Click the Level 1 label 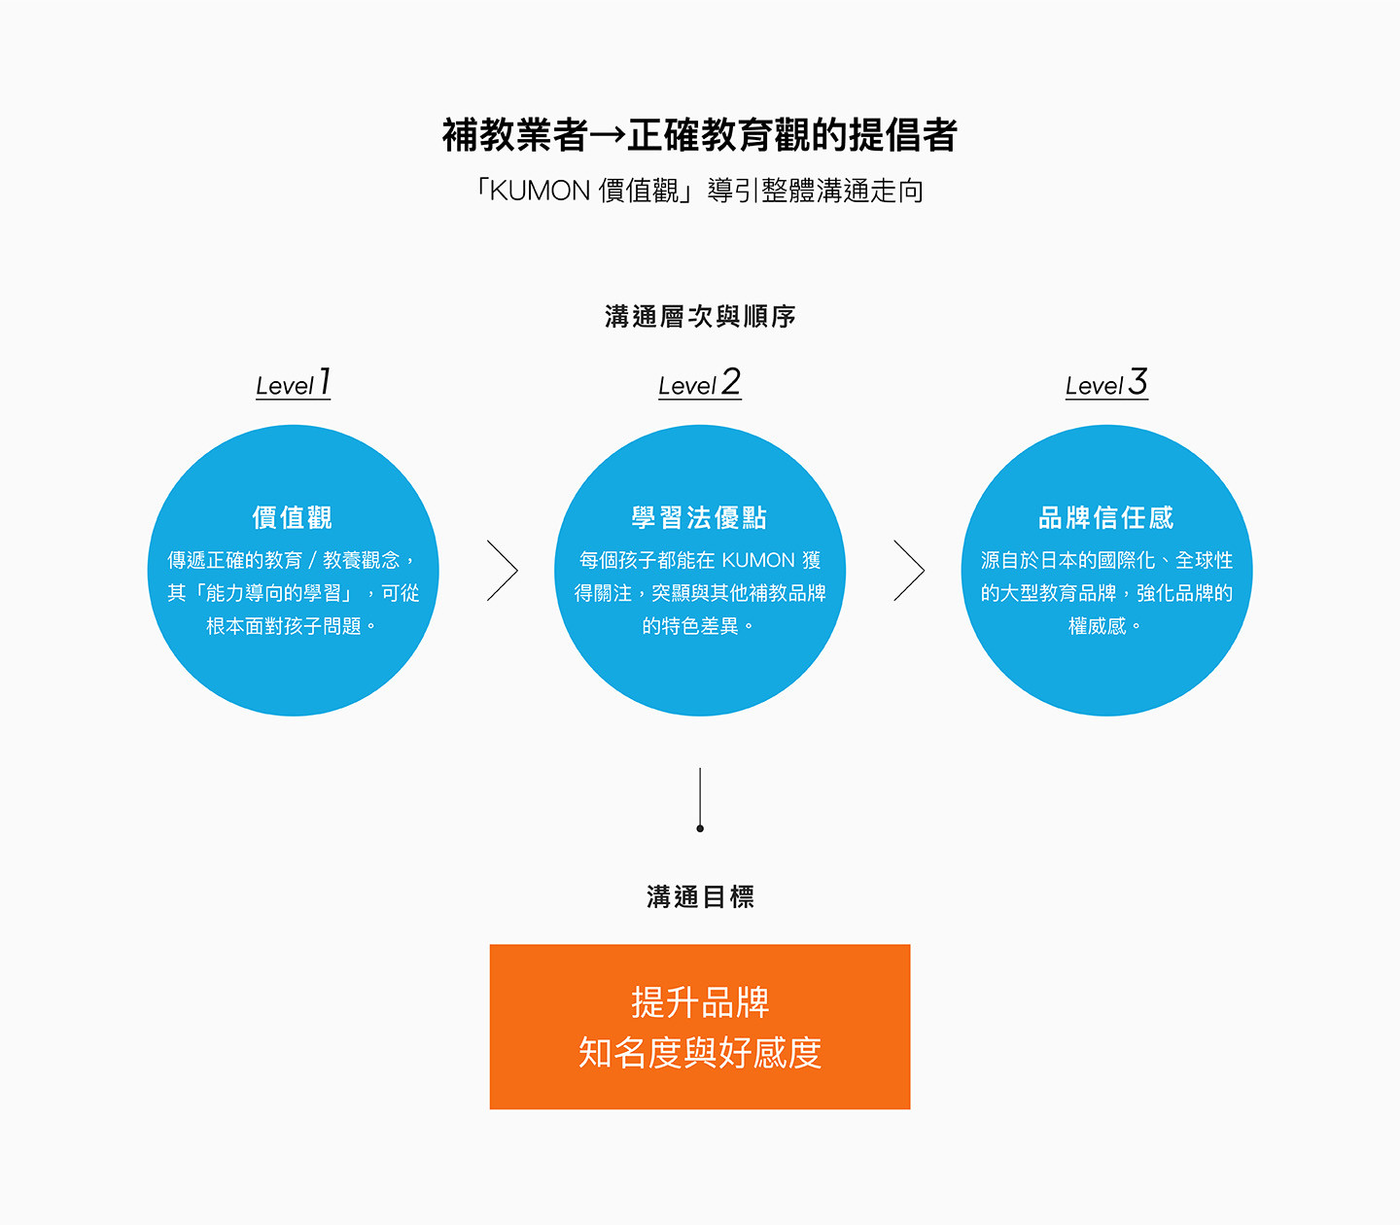[x=293, y=384]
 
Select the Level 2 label [x=699, y=384]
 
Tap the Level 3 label [x=1106, y=384]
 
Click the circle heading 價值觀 [x=293, y=517]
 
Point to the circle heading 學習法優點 [x=699, y=517]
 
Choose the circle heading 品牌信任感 [x=1106, y=517]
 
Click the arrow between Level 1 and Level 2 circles [x=503, y=571]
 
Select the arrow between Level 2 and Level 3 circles [x=909, y=571]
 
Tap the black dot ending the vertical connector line [x=700, y=828]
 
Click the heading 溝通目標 [x=700, y=896]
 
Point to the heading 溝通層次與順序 [x=700, y=317]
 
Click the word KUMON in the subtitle [x=540, y=191]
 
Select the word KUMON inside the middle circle [x=758, y=560]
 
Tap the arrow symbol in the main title [x=608, y=136]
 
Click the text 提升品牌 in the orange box [x=700, y=1002]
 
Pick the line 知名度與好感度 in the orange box [x=700, y=1053]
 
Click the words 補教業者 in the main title [x=514, y=136]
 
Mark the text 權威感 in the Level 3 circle [x=1097, y=626]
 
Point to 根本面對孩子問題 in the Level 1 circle [x=284, y=626]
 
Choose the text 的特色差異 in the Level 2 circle [x=690, y=626]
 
